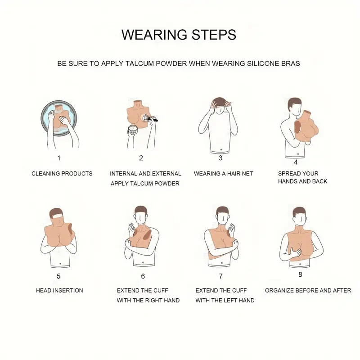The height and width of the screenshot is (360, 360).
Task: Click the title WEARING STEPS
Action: point(179,35)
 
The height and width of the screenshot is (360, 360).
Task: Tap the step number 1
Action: point(59,158)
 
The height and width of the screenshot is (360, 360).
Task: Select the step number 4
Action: point(296,162)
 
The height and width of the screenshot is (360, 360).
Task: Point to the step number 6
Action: point(143,276)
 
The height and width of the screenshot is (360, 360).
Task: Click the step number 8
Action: point(300,274)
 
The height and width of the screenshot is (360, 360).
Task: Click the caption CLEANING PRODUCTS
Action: point(62,174)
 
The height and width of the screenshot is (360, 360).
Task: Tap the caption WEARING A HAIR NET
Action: point(223,174)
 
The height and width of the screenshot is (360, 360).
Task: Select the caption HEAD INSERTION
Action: point(59,290)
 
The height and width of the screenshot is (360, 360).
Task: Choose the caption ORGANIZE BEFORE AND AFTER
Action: point(308,290)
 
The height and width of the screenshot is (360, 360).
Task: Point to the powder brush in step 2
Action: point(150,118)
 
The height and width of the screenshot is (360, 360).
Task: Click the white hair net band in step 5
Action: point(58,216)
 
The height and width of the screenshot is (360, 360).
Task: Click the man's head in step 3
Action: point(221,105)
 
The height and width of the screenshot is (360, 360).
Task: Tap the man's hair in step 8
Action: point(299,211)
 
